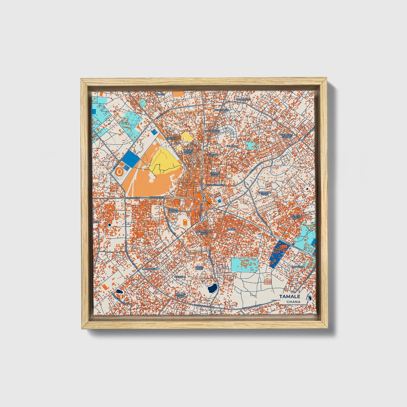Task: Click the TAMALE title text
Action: pos(290,296)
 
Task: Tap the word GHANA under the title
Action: pos(293,302)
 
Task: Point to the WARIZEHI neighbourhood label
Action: pos(171,139)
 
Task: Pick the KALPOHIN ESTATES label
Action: pos(287,136)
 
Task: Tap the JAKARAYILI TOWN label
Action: pos(265,193)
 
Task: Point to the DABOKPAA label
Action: pos(298,266)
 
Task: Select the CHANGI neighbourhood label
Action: pos(231,230)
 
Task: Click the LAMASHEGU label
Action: pos(149,269)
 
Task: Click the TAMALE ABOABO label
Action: pos(173,211)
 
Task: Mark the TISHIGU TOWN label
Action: pos(215,174)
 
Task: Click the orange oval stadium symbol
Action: pos(119,171)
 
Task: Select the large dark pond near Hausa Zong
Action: pos(212,288)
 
